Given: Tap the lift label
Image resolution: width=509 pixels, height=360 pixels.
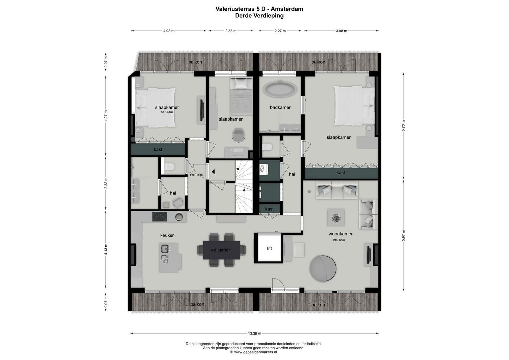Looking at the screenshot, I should click(x=269, y=248).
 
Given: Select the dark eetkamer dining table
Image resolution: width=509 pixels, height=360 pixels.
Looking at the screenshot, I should click(x=221, y=250).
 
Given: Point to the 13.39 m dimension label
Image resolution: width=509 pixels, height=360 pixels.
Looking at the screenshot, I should click(x=254, y=333).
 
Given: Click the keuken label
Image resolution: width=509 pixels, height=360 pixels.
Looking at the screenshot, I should click(x=167, y=235).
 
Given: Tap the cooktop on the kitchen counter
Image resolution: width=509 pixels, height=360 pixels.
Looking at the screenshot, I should click(x=160, y=217).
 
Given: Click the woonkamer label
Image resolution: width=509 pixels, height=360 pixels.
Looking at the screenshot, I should click(x=340, y=234).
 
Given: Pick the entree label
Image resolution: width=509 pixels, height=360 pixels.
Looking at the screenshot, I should click(x=197, y=175).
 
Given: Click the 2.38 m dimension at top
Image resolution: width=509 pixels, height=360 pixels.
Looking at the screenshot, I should click(x=231, y=31).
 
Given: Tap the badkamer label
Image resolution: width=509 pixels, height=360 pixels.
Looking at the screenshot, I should click(x=280, y=107).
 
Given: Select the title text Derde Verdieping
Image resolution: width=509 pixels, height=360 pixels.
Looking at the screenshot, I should click(x=259, y=15).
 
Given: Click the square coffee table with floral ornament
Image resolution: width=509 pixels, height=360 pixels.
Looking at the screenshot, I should click(x=335, y=218).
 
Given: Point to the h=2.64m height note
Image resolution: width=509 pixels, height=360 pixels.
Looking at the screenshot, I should click(x=167, y=112).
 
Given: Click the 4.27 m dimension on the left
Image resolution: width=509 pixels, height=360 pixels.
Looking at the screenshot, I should click(x=106, y=116).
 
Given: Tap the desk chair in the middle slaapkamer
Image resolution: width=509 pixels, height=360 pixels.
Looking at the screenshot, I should click(x=239, y=134).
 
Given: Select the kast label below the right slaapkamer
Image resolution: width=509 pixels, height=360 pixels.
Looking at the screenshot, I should click(x=341, y=173).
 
